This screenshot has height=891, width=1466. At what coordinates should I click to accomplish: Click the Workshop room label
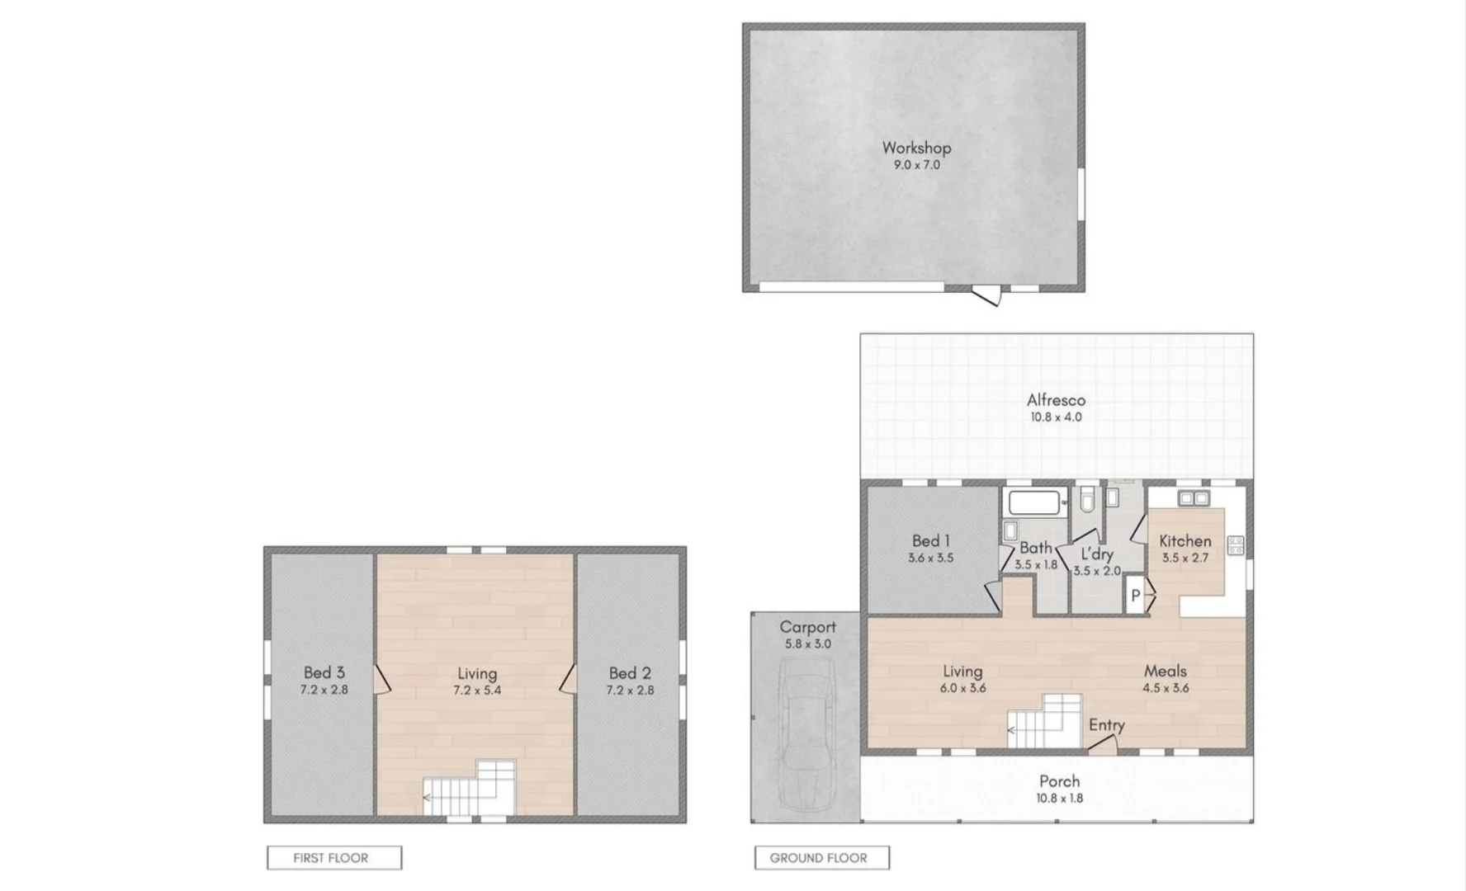[x=916, y=148]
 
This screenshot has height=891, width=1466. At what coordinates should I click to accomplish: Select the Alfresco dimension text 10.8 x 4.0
[x=1056, y=417]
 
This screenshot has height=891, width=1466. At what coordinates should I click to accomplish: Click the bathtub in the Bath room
[x=1033, y=502]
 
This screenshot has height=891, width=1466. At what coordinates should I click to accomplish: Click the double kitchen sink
[x=1194, y=498]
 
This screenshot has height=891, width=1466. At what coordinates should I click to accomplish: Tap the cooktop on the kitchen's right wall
[x=1235, y=545]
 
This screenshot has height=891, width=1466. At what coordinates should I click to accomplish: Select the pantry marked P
[x=1135, y=595]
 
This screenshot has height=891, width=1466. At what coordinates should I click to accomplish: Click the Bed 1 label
[x=930, y=541]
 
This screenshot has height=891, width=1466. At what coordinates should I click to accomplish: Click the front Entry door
[x=1102, y=746]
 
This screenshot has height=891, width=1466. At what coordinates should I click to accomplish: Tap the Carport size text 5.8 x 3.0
[x=807, y=644]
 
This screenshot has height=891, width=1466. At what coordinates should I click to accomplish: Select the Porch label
[x=1059, y=780]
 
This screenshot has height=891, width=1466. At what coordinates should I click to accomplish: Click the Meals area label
[x=1165, y=671]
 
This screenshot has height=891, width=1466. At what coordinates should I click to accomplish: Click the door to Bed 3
[x=381, y=680]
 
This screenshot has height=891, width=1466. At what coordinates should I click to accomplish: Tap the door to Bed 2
[x=568, y=680]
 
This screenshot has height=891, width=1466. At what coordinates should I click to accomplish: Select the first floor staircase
[x=471, y=790]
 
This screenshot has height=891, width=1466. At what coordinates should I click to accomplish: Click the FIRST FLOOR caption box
[x=334, y=858]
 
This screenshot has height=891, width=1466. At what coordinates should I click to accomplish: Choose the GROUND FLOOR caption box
[x=821, y=858]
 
